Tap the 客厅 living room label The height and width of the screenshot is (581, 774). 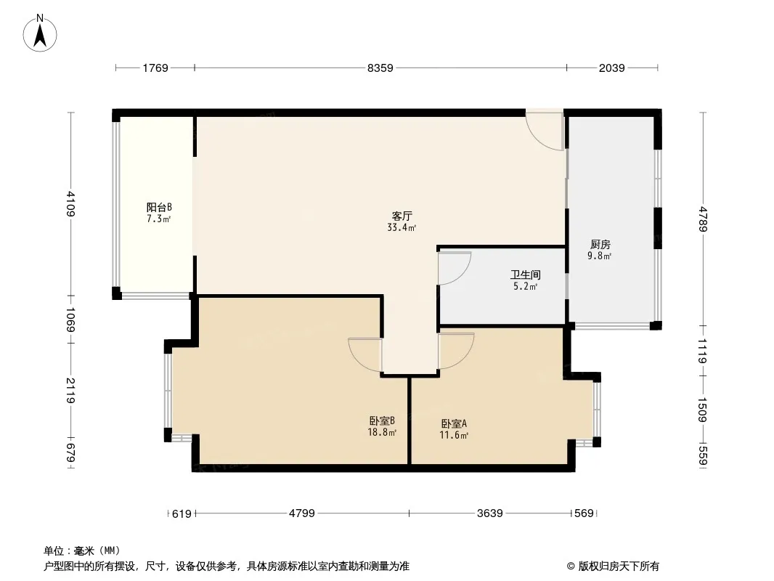[x=402, y=216]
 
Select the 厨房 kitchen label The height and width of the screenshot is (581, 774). [x=600, y=245]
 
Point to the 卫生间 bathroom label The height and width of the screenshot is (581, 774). [x=524, y=275]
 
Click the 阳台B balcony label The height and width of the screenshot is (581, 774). [x=159, y=207]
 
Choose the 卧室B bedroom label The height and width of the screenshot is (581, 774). [x=382, y=421]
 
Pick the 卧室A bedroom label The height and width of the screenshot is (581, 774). [x=453, y=423]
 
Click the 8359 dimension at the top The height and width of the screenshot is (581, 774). [x=380, y=68]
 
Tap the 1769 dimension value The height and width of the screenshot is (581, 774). [x=155, y=68]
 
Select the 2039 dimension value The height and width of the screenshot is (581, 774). [x=611, y=68]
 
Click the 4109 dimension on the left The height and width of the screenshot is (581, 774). [x=70, y=204]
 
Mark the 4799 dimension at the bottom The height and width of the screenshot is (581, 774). [x=301, y=513]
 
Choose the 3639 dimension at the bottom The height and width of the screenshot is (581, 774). [x=490, y=513]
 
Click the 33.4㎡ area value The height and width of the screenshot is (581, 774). [x=402, y=227]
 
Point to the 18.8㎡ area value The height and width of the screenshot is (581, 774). [x=382, y=433]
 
